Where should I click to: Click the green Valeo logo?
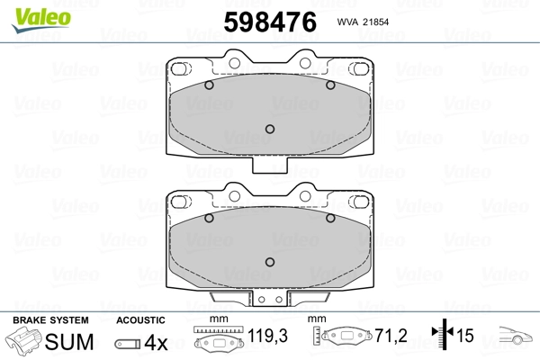(x=41, y=20)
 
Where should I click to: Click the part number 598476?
(x=270, y=22)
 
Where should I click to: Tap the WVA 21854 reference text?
(x=363, y=22)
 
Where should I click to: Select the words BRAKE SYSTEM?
(x=50, y=320)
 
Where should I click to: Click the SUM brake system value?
(x=69, y=342)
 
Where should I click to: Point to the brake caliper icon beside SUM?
(x=24, y=341)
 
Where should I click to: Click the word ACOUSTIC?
(x=140, y=320)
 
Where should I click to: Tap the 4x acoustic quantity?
(x=156, y=342)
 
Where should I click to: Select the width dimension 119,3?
(x=267, y=335)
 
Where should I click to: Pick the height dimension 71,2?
(x=391, y=335)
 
